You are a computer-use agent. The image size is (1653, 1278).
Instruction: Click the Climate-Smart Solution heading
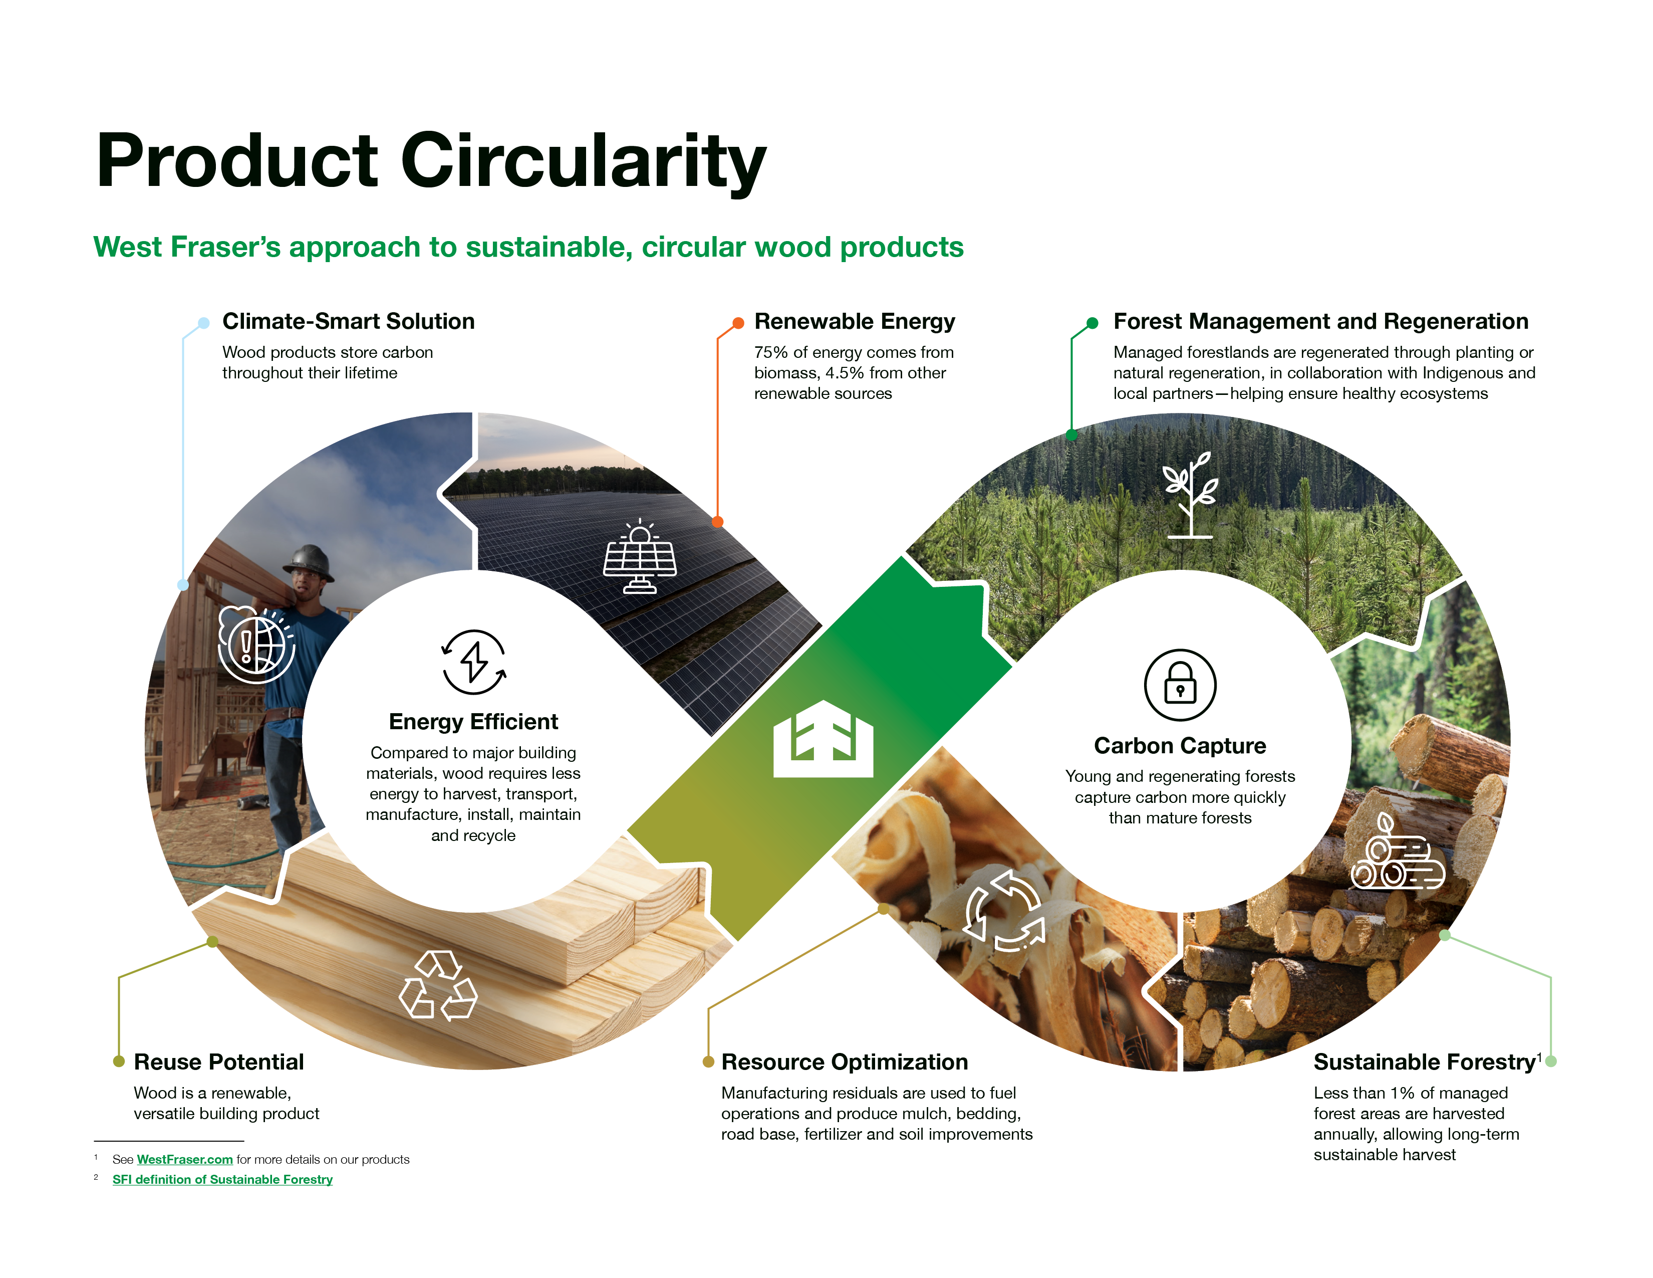[x=348, y=321]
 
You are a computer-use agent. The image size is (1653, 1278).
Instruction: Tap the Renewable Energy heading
[x=855, y=322]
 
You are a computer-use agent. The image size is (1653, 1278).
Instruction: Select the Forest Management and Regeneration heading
[x=1321, y=322]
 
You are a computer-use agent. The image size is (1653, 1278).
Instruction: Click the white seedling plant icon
[x=1190, y=495]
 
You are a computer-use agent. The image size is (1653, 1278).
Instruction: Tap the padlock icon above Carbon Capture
[x=1180, y=685]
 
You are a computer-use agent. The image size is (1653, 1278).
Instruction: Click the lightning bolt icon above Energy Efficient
[x=474, y=662]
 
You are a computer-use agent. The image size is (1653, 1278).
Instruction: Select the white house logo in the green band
[x=823, y=739]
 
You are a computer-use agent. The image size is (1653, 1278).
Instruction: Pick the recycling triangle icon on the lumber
[x=438, y=985]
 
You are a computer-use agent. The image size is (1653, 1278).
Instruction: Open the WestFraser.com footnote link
[x=185, y=1159]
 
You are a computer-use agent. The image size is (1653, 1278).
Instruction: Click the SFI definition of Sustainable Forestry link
[x=222, y=1180]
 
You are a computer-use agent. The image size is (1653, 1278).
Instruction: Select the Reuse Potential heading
[x=219, y=1062]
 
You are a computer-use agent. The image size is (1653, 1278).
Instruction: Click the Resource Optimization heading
[x=845, y=1062]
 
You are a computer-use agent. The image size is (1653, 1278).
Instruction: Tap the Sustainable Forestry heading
[x=1425, y=1062]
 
